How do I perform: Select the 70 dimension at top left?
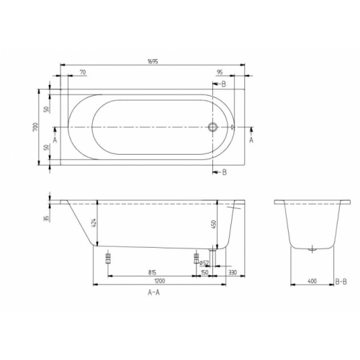[x=83, y=73]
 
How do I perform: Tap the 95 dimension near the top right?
[x=220, y=73]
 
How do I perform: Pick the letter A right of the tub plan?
[x=251, y=141]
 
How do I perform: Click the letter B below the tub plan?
[x=225, y=172]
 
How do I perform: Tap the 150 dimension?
[x=204, y=273]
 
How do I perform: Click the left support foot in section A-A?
[x=108, y=258]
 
